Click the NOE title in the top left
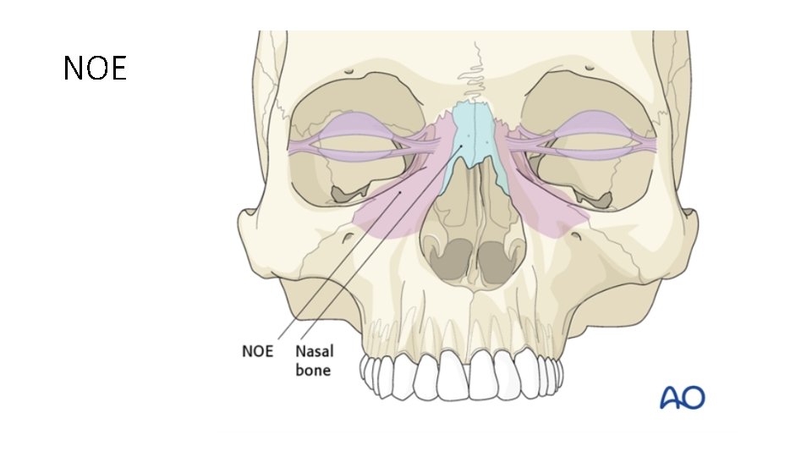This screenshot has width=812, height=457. [95, 69]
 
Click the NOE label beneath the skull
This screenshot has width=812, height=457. [258, 350]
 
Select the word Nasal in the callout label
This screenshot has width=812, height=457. [313, 350]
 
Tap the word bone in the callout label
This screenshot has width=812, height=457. [313, 370]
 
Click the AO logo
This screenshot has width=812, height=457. [682, 397]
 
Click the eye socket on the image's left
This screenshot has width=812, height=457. [355, 144]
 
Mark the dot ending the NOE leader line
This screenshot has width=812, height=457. [400, 192]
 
